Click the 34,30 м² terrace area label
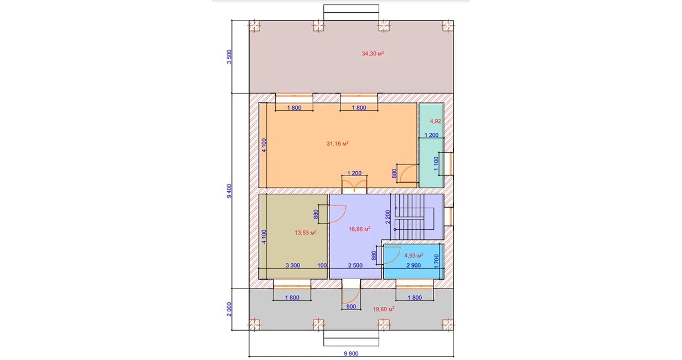pos(373,54)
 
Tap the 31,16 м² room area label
pos(337,143)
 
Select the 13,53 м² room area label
pos(306,233)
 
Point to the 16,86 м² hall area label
pos(359,229)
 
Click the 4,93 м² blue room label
pos(414,255)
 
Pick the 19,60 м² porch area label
pos(384,309)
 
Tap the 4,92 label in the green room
pos(435,121)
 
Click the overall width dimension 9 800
pos(351,353)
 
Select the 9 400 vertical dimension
pos(229,191)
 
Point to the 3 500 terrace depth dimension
pos(229,57)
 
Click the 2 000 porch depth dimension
pos(229,309)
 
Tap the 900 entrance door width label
pos(351,307)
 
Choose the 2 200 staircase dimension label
pos(387,217)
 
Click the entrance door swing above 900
pos(351,295)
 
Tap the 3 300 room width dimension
pos(293,265)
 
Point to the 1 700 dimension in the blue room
pos(436,261)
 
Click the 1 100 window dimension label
pos(436,163)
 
